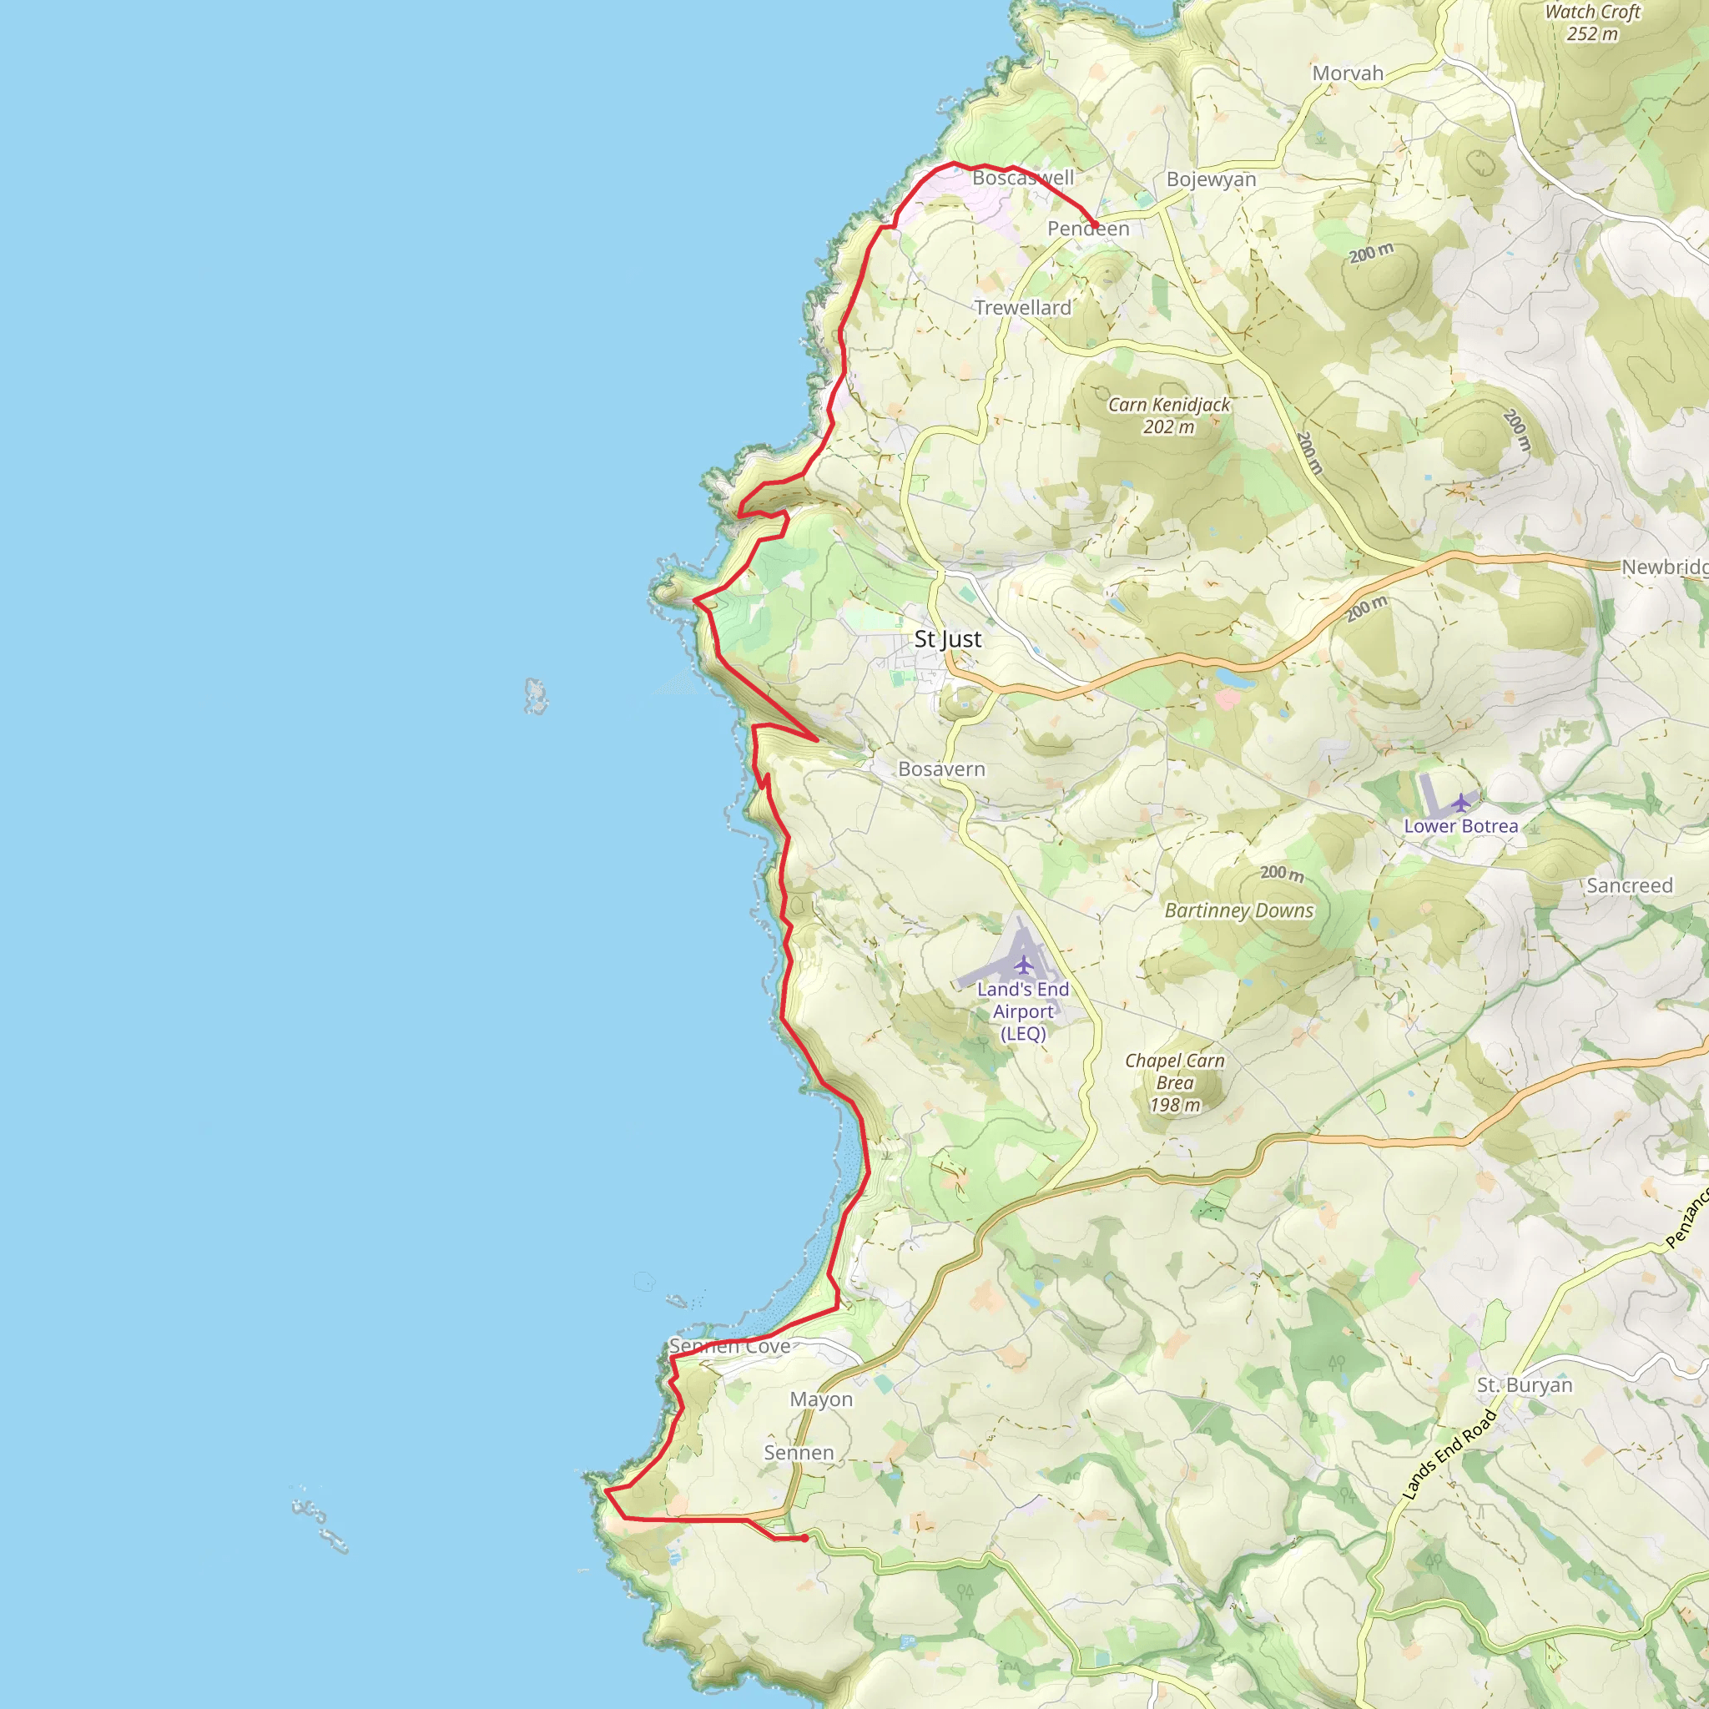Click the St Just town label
(947, 638)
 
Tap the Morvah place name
(1347, 73)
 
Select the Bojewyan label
(1211, 179)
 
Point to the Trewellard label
(1022, 308)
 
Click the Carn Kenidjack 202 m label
(1168, 416)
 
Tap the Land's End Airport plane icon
(1023, 963)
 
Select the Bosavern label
(941, 769)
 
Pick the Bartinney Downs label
(1238, 911)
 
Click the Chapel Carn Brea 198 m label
(1175, 1082)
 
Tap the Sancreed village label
(1630, 885)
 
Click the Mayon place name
(821, 1399)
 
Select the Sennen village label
(799, 1453)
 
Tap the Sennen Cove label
(730, 1346)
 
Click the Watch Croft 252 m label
(1592, 23)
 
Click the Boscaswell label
(1022, 178)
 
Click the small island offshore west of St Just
(535, 695)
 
